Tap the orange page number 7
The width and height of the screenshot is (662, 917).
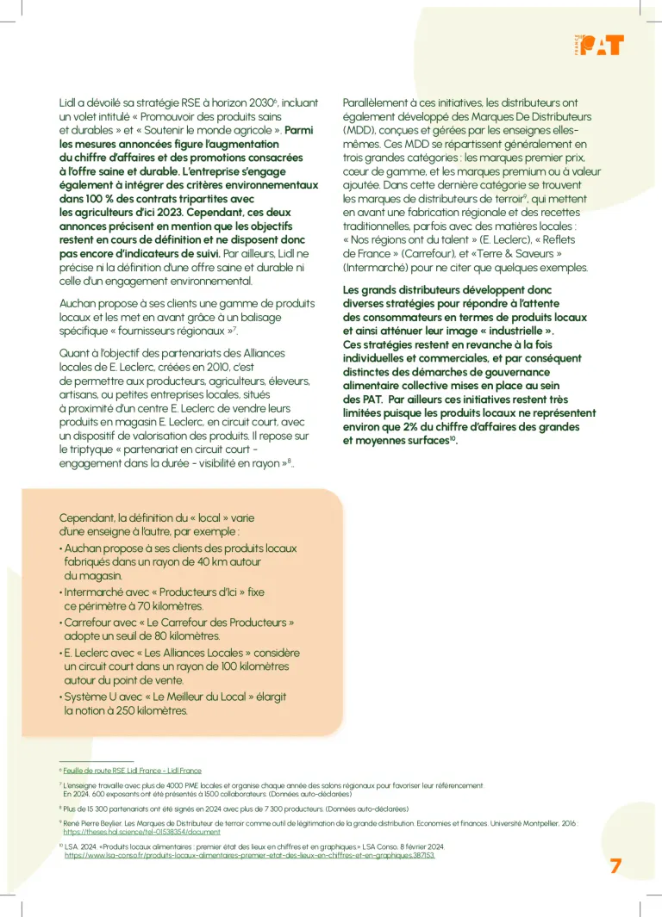[x=615, y=866]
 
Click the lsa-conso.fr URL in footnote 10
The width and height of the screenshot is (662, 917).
[x=250, y=856]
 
